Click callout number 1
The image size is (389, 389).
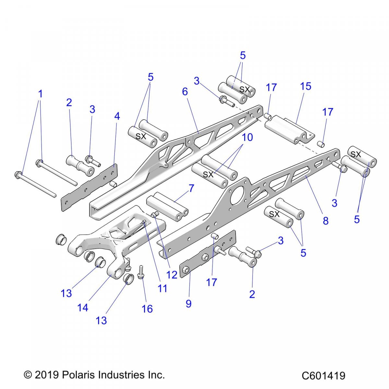(40, 94)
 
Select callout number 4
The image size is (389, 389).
(117, 116)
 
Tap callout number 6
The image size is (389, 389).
(185, 92)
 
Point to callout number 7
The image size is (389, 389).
(191, 188)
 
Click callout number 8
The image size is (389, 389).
(325, 221)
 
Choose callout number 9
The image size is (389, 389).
(189, 303)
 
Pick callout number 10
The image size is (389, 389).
(247, 137)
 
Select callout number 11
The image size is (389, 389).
(162, 288)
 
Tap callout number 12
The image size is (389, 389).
(172, 275)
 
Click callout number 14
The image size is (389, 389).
(83, 307)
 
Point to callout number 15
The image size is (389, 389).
(306, 86)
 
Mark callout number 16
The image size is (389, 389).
(147, 309)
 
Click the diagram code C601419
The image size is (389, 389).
(323, 376)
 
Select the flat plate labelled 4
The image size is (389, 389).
(89, 187)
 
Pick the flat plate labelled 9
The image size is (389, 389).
(207, 253)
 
